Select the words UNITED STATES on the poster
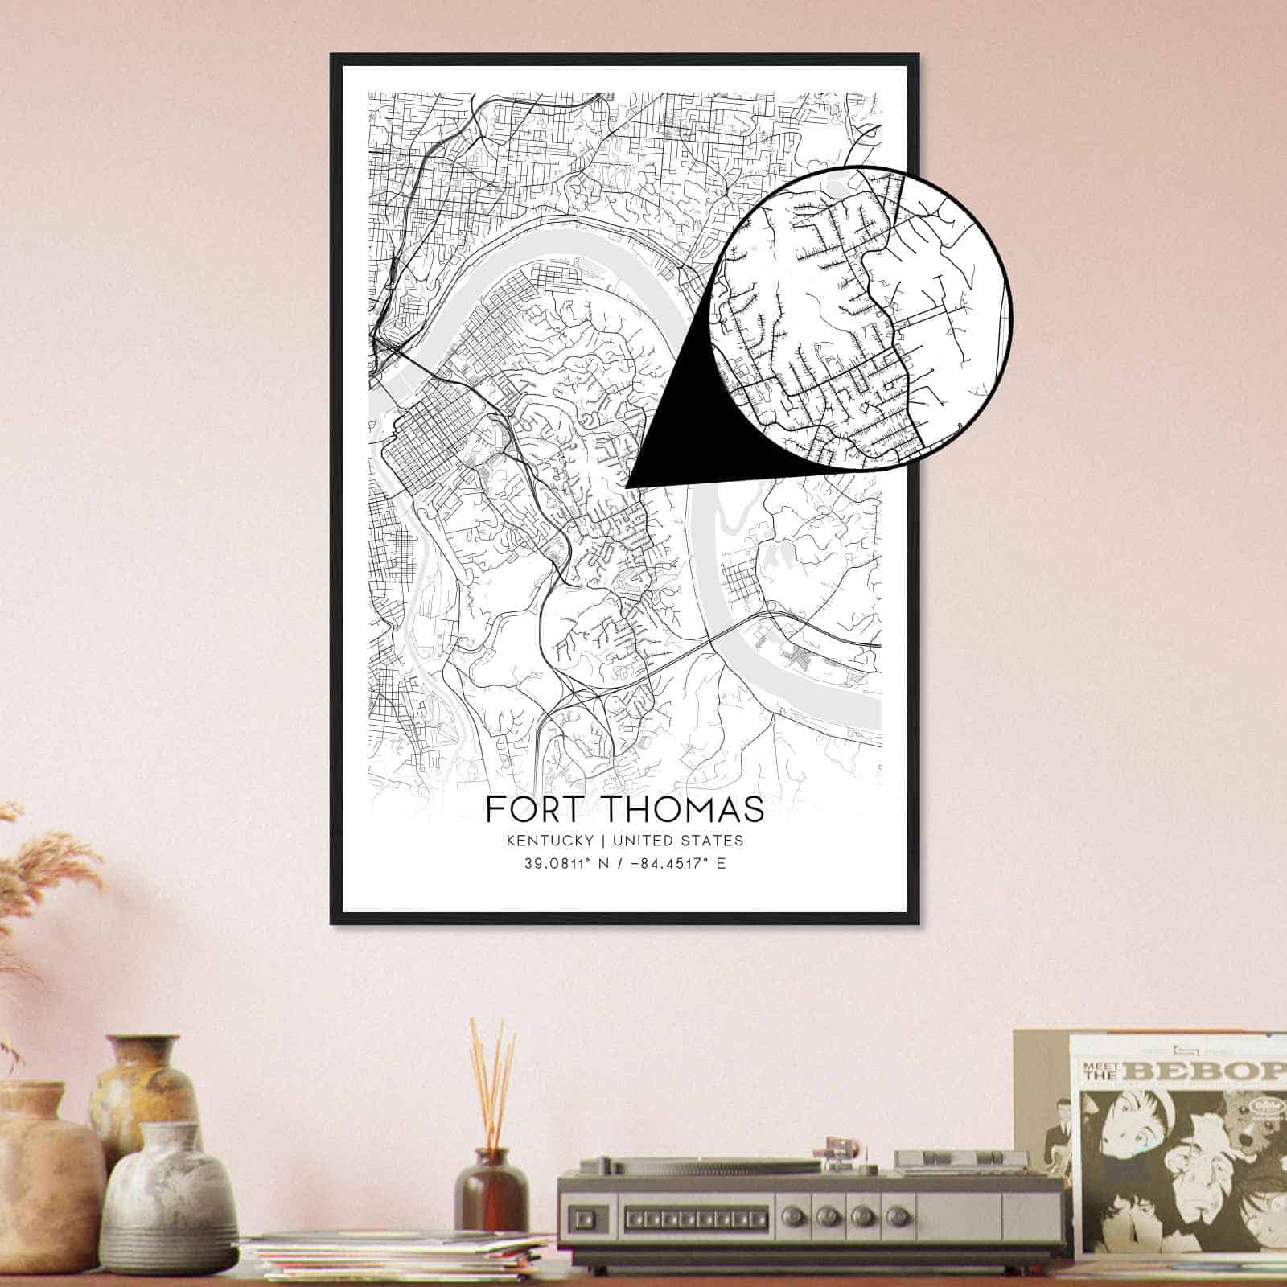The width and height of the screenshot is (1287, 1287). tap(677, 841)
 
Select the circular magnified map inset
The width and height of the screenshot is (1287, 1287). tap(861, 318)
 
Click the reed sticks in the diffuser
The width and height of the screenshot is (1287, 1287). tap(491, 1078)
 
